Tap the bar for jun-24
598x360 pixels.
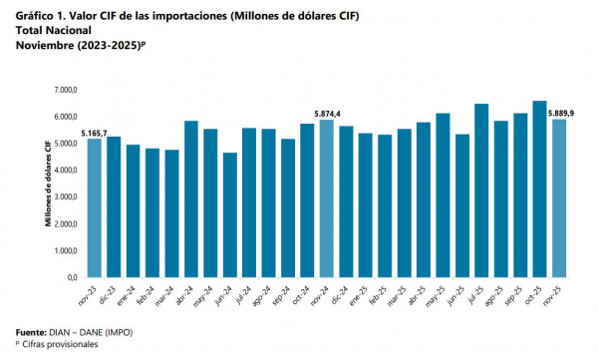[230, 214]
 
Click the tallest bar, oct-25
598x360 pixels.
[539, 188]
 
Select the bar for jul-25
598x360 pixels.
[481, 190]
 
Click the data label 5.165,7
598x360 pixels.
[93, 132]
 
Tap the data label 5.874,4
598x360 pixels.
[326, 113]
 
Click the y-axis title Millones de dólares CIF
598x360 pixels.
[47, 184]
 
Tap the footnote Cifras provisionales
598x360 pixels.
[59, 343]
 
